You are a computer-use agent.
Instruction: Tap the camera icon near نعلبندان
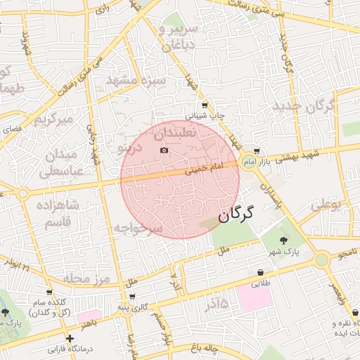165,150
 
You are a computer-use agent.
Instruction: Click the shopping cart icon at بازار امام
257,151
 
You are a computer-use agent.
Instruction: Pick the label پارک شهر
287,251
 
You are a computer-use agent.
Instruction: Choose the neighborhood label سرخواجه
139,228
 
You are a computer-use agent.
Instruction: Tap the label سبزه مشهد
135,80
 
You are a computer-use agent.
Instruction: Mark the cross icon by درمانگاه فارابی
70,339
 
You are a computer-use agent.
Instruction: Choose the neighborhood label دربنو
129,148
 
